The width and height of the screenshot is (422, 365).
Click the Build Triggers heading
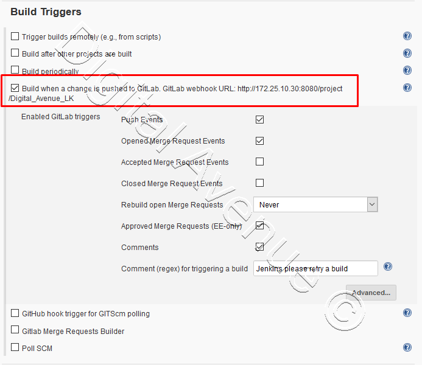point(46,12)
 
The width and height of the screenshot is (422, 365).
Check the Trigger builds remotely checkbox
point(15,37)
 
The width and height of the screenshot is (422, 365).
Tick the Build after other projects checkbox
point(15,54)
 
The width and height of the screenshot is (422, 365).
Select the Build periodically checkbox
point(15,71)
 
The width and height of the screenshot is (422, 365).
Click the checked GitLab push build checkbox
point(15,88)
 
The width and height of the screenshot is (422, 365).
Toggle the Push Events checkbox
point(260,120)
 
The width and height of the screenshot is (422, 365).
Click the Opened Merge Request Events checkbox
point(260,141)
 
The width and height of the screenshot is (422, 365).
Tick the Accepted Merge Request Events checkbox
point(260,162)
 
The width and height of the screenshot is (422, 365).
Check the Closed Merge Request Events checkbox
point(260,183)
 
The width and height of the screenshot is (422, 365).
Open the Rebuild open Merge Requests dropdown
point(315,205)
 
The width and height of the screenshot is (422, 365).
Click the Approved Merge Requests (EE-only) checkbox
point(260,226)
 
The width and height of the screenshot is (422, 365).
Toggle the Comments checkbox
point(260,247)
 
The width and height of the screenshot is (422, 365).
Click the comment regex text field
point(315,268)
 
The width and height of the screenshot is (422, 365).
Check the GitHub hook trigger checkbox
point(15,313)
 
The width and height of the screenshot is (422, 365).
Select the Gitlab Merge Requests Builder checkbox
point(15,331)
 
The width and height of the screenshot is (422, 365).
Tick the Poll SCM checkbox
point(15,348)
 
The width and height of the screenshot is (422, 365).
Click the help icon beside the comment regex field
point(388,267)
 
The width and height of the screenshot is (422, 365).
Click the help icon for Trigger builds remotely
point(407,36)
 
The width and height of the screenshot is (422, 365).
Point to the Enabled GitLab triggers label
point(60,117)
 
